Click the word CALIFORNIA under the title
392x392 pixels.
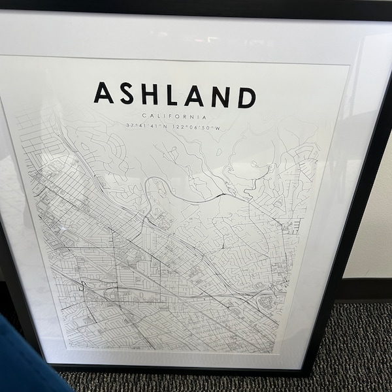(175, 115)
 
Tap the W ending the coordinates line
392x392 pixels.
(219, 127)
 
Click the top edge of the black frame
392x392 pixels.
(196, 5)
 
